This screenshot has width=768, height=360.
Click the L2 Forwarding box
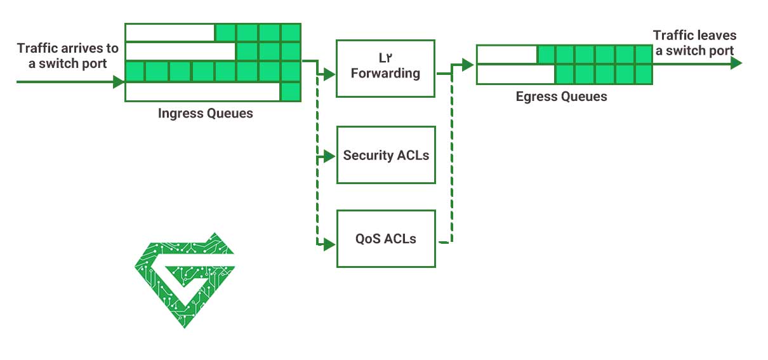point(385,69)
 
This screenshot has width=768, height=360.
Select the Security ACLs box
point(386,156)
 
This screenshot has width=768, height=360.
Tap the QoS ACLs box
point(386,239)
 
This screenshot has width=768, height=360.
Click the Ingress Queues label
point(205,114)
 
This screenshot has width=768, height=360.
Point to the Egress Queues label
point(561,97)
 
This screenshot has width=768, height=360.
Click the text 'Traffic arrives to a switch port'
point(68,56)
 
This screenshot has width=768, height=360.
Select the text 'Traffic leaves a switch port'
point(694,43)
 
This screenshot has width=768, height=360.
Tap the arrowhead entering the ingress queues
point(119,81)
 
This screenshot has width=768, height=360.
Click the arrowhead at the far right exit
point(736,63)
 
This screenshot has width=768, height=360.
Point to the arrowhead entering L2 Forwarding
point(329,75)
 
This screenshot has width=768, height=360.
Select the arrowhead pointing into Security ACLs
point(329,156)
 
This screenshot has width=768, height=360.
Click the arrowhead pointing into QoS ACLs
point(329,244)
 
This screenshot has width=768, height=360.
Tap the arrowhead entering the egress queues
point(468,64)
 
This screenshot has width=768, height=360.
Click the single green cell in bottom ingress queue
point(291,92)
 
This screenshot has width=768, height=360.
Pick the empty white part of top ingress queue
point(170,32)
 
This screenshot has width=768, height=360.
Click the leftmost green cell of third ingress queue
point(135,72)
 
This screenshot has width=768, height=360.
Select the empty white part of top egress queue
point(506,55)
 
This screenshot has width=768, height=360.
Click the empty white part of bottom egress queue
point(515,75)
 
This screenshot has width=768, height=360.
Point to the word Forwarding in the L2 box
point(385,74)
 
